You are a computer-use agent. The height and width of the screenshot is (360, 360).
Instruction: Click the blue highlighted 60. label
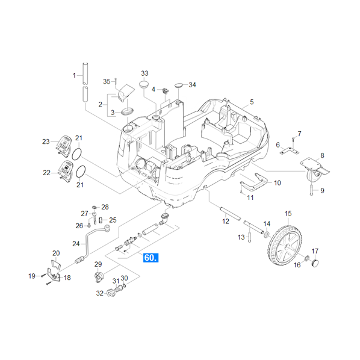click(x=151, y=258)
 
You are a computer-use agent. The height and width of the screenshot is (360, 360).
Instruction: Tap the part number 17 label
click(x=315, y=251)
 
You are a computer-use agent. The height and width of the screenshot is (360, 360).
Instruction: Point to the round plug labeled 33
click(x=144, y=84)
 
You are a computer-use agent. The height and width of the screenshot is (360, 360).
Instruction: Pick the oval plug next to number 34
click(x=179, y=85)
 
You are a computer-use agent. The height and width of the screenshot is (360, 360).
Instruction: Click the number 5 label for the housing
click(x=252, y=102)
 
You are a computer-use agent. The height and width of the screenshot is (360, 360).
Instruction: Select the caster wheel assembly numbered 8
click(x=315, y=170)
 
